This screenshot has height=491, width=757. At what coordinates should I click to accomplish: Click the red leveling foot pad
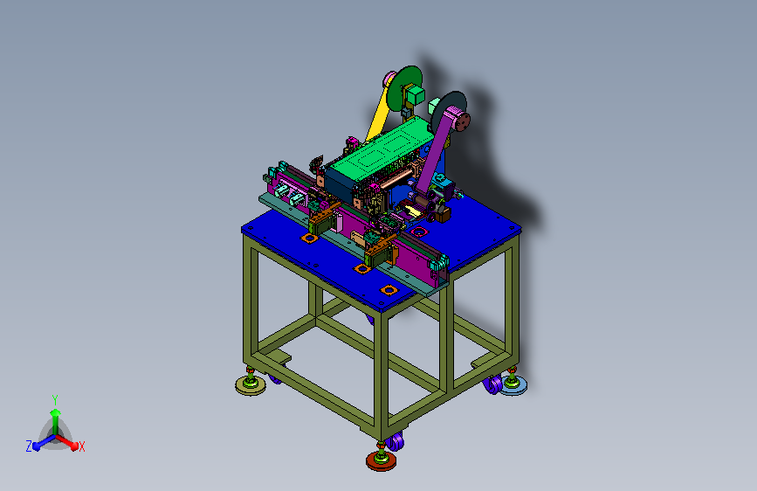381,460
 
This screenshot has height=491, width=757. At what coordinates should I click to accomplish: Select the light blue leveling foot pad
513,385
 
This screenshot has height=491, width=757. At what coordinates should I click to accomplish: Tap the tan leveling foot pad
250,385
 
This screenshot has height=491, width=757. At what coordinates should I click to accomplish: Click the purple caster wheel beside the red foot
396,441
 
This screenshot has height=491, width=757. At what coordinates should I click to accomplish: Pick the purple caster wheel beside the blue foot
493,384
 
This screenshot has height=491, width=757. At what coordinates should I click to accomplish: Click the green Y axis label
55,399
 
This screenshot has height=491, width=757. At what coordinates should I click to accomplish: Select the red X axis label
81,447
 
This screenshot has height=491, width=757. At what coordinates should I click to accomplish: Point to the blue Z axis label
29,446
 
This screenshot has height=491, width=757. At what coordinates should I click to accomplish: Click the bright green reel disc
403,89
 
